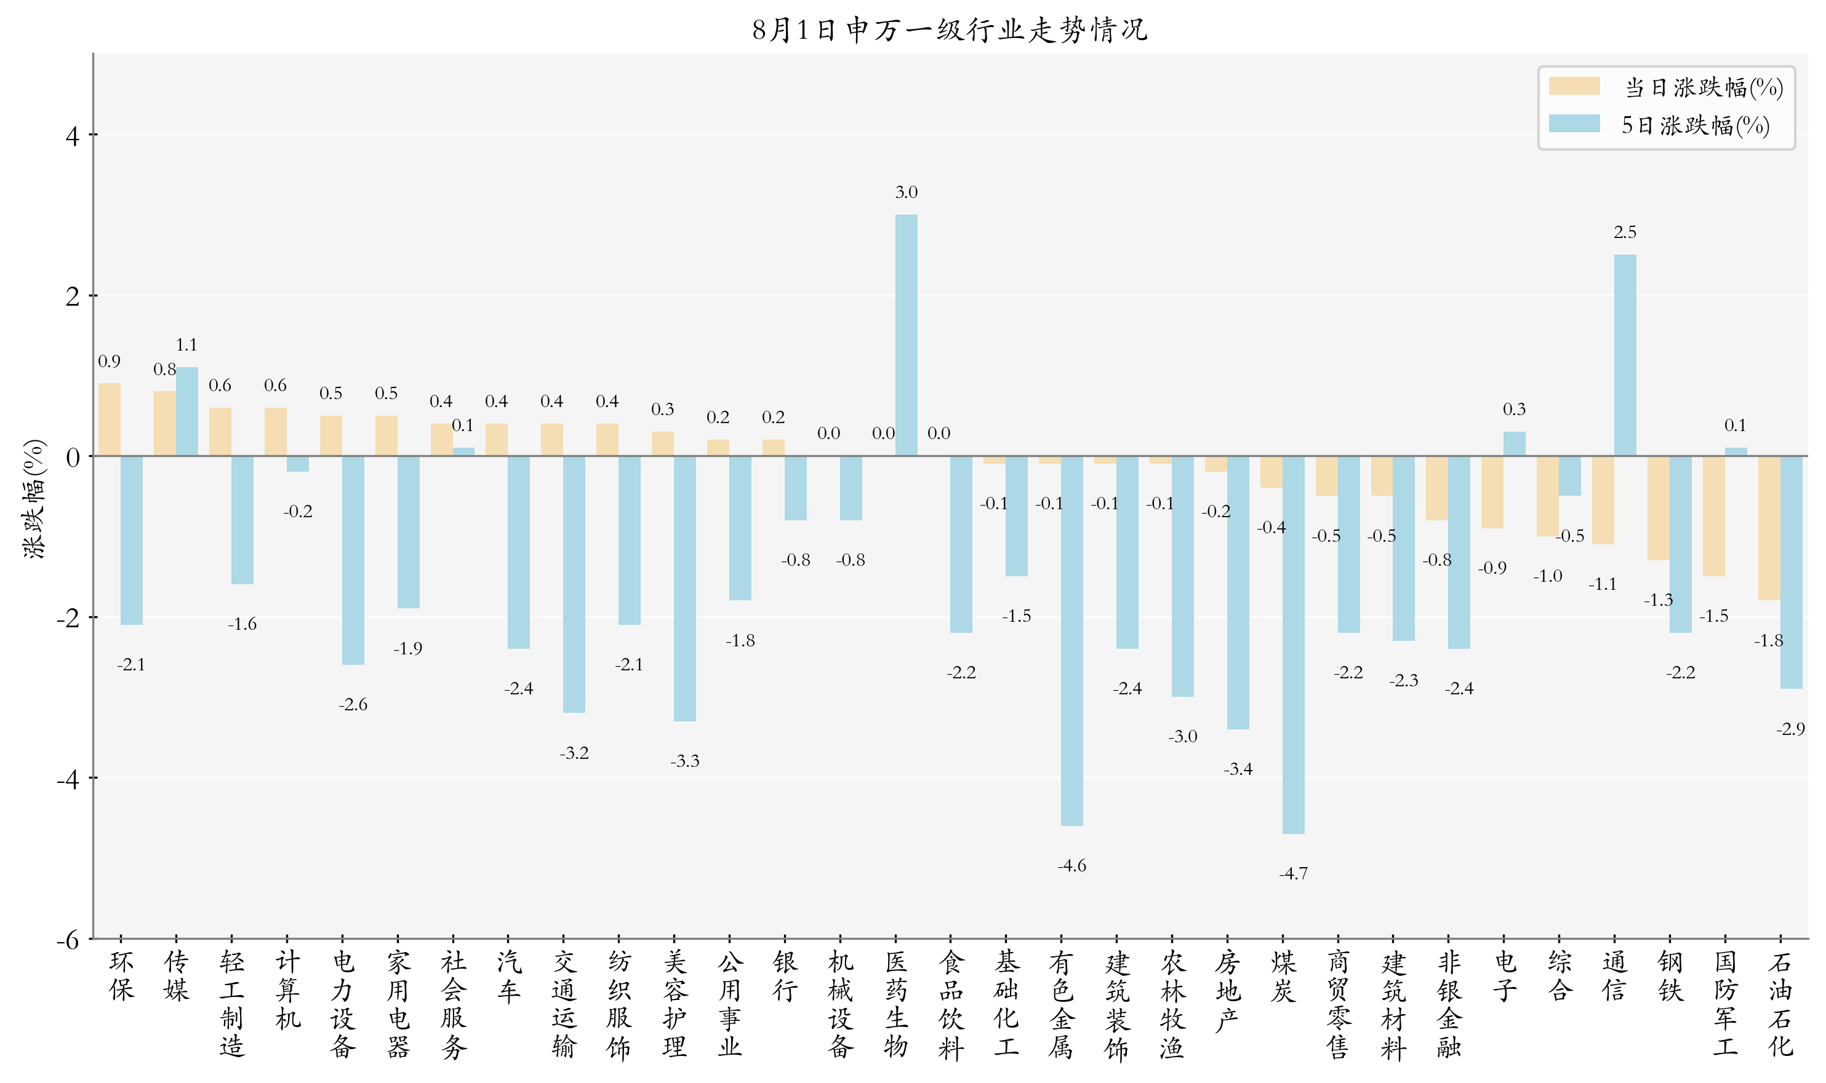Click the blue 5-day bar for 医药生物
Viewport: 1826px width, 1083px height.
(906, 335)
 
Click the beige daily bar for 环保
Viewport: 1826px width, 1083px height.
(110, 419)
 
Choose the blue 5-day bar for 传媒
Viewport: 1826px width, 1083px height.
(187, 411)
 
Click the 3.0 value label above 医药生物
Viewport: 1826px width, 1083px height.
(906, 192)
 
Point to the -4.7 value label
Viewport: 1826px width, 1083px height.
(1293, 873)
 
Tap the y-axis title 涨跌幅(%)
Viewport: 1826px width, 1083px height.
(34, 499)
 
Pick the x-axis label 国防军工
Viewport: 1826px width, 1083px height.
(1725, 1004)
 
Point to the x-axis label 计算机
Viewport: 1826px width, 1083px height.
(287, 991)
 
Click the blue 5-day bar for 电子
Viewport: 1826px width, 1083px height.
(1514, 443)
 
